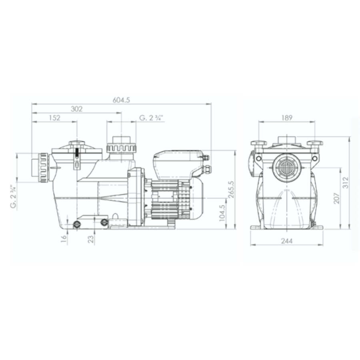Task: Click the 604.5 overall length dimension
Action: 122,100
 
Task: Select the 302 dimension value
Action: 76,109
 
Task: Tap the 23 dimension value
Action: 91,239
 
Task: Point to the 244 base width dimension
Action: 287,241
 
